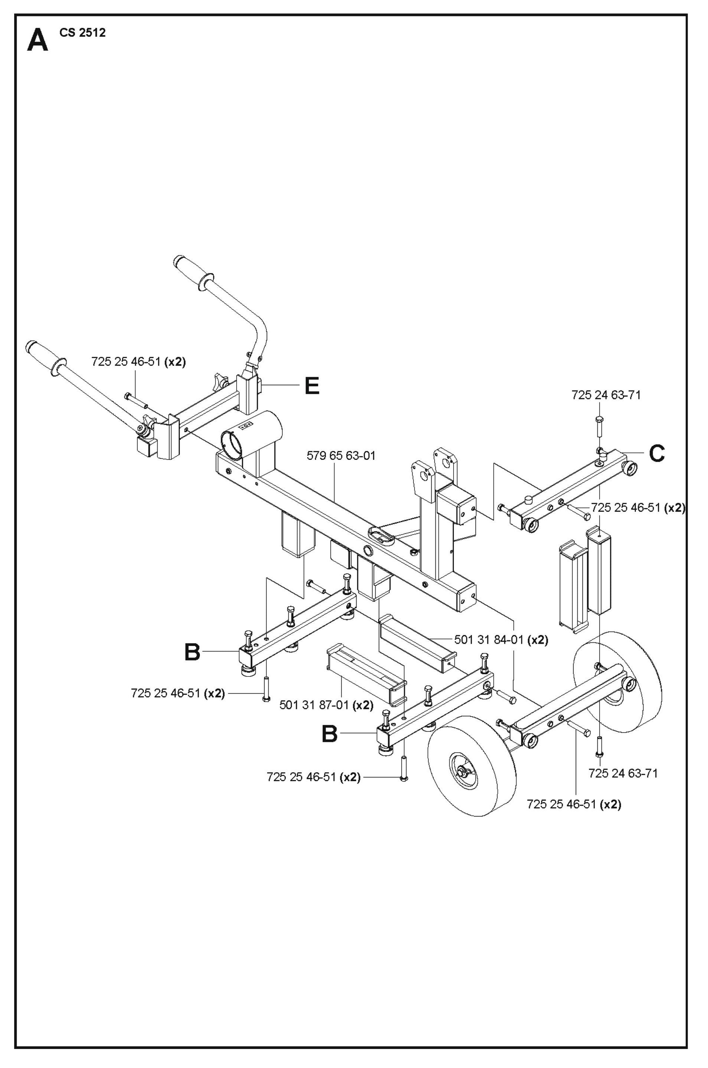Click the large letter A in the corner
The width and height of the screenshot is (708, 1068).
tap(38, 41)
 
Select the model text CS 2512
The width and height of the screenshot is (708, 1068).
tap(82, 33)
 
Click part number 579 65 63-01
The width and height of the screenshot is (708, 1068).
tap(341, 456)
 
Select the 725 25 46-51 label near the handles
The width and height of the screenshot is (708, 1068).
tap(138, 362)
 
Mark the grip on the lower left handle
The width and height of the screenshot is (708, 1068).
tap(43, 354)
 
